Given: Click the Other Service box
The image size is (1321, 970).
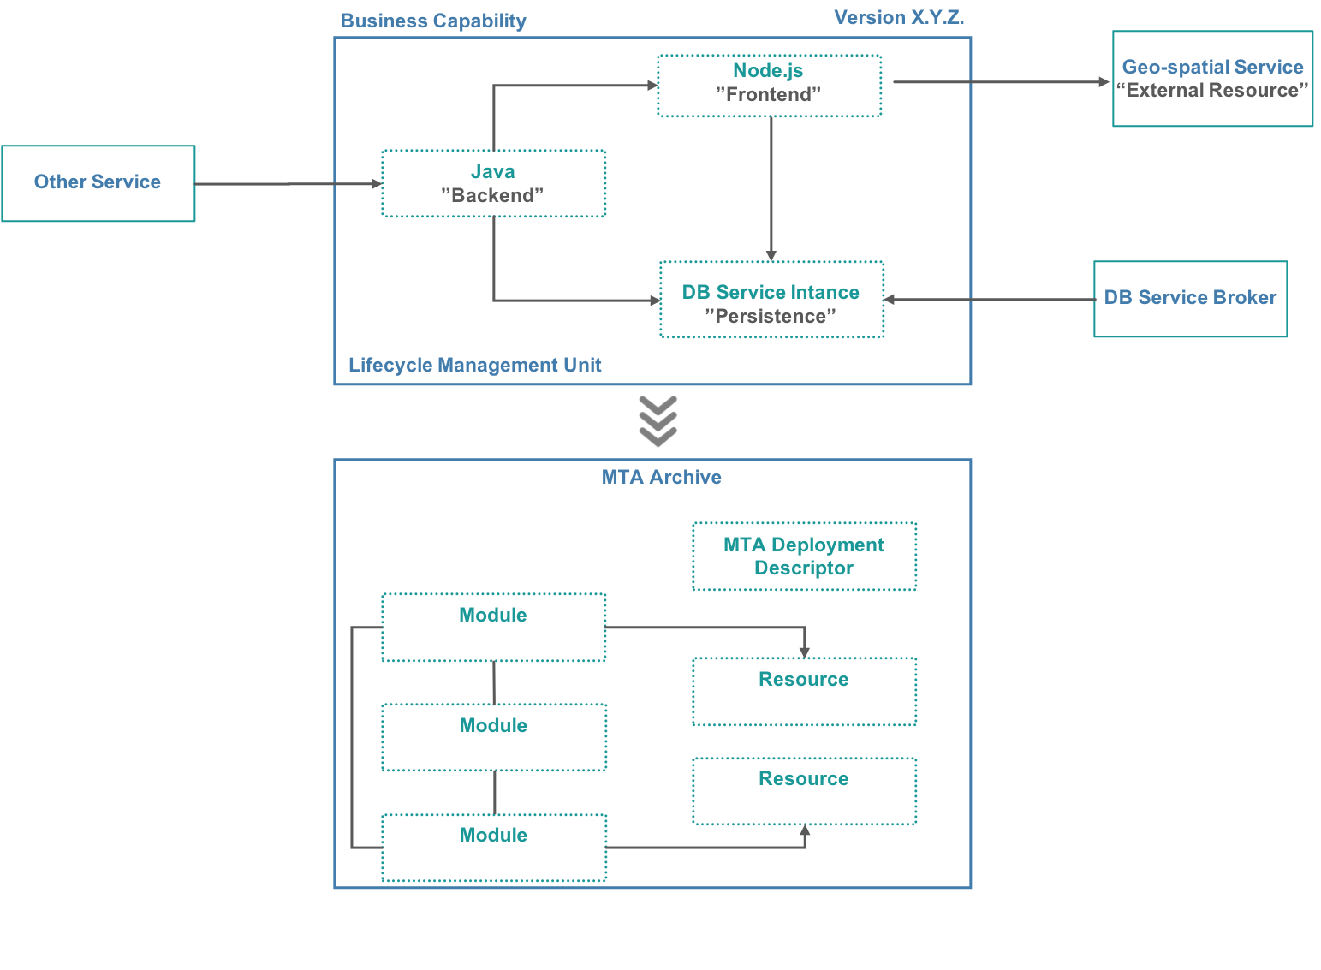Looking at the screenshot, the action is (x=98, y=183).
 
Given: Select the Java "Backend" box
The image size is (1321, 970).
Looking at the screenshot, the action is (x=494, y=183).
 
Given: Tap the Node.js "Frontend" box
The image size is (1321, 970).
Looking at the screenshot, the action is (x=769, y=86).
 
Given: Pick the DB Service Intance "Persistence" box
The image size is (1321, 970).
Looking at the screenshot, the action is (x=771, y=300).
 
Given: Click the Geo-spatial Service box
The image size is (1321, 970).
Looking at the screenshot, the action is (x=1212, y=79).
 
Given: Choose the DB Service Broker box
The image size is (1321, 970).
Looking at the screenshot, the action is (x=1190, y=299).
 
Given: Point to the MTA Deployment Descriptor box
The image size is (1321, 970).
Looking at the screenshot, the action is (x=804, y=556).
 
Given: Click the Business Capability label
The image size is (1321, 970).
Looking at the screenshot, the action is (x=433, y=21).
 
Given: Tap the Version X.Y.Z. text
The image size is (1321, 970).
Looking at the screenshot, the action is (x=899, y=18).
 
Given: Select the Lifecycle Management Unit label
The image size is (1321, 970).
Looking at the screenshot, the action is (x=475, y=365).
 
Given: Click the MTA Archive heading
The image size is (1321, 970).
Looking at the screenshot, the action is (x=661, y=477).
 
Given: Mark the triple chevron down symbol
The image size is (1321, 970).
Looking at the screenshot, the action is (x=658, y=421).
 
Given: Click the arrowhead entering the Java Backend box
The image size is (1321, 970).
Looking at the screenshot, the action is (x=377, y=183).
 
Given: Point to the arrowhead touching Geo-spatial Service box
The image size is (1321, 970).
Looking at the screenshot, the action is (x=1104, y=82).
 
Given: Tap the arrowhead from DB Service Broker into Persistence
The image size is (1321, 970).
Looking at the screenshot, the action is (x=890, y=300).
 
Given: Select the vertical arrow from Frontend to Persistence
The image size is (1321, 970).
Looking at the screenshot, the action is (x=771, y=188).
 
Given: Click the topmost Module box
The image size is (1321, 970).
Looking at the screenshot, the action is (x=494, y=627).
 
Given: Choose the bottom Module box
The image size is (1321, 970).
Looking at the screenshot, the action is (x=494, y=848).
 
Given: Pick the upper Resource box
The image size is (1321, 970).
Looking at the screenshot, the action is (x=805, y=691).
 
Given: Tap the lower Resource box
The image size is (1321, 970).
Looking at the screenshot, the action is (x=805, y=791).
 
